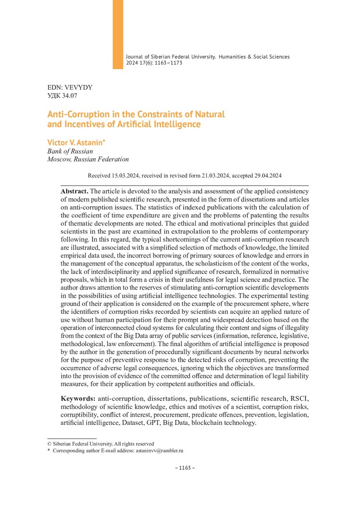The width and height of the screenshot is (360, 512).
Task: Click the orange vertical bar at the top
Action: click(117, 34)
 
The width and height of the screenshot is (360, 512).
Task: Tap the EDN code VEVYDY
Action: click(81, 88)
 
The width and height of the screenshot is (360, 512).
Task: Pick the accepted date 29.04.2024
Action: click(265, 175)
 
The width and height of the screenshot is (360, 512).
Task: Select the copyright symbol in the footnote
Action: click(49, 444)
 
